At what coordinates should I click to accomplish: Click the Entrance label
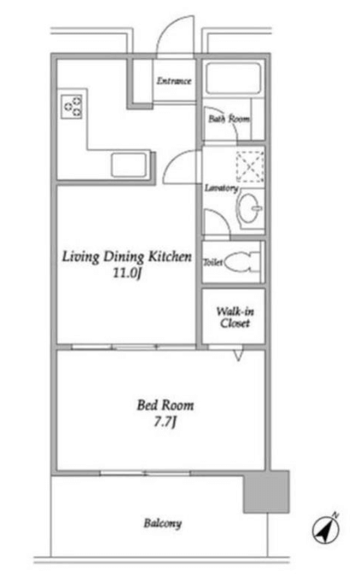(174, 81)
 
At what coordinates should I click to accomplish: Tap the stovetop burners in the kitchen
(72, 107)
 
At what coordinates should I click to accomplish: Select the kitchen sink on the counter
(128, 165)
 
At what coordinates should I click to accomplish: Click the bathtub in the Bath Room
(233, 78)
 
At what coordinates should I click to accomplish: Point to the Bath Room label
(229, 119)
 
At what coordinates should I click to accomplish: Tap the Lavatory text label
(221, 188)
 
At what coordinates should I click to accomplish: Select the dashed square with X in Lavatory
(250, 166)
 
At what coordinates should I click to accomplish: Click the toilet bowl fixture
(241, 262)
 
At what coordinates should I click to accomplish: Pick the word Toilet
(213, 263)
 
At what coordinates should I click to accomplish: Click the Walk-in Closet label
(235, 317)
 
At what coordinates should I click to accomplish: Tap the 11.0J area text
(127, 273)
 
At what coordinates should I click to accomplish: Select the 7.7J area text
(165, 421)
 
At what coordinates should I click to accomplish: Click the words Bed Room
(165, 405)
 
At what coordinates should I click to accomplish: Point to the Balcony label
(163, 523)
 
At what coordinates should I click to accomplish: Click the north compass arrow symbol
(327, 529)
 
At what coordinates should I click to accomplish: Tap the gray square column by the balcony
(266, 492)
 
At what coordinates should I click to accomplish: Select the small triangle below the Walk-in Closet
(238, 356)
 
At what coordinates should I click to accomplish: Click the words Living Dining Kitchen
(127, 257)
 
